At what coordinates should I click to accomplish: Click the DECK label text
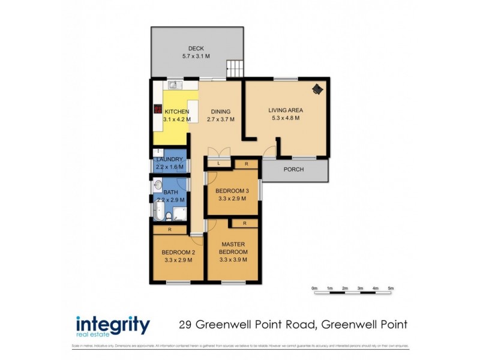point(196,49)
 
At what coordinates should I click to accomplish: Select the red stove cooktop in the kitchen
point(158,110)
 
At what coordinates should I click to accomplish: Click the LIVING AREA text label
point(285,110)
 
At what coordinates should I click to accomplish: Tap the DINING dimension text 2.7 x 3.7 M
point(220,119)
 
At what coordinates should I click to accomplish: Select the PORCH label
point(294,170)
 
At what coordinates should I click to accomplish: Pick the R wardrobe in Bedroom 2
point(170,229)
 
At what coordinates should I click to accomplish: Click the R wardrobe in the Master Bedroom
point(245,223)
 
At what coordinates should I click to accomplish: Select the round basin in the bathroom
point(158,185)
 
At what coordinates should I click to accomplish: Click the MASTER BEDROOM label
point(233,248)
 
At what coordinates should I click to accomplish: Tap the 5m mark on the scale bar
point(391,289)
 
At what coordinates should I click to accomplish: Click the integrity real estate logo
point(112,326)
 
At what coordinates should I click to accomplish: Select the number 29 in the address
point(187,325)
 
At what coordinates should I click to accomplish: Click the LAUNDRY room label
point(169,159)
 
